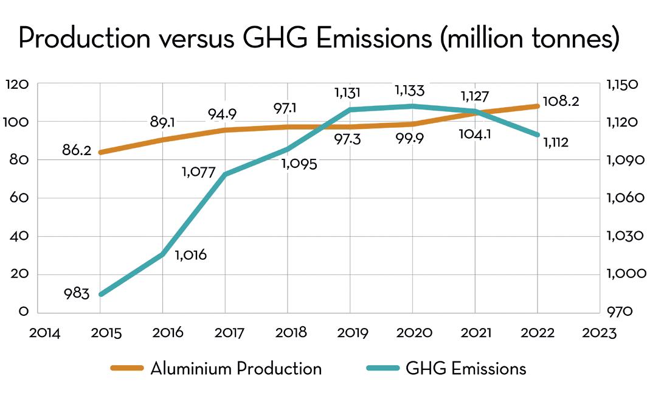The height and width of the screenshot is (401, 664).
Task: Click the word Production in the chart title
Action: [x=84, y=39]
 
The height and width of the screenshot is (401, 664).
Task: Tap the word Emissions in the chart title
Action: [x=373, y=39]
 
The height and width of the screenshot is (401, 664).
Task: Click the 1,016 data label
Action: [x=190, y=256]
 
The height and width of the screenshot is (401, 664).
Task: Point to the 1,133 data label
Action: [x=409, y=91]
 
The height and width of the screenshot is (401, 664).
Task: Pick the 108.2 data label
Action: [x=561, y=101]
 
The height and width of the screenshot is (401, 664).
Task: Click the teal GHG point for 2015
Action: [x=100, y=295]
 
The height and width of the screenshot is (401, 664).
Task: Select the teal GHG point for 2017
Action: [x=226, y=175]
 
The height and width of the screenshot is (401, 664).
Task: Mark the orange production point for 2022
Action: [x=538, y=106]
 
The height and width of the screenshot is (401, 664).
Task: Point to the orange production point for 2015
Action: [x=100, y=152]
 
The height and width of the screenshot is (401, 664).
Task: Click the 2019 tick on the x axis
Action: [x=350, y=333]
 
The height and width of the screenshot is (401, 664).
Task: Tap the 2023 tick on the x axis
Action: [x=600, y=333]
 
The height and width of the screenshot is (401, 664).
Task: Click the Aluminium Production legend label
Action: [x=236, y=369]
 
